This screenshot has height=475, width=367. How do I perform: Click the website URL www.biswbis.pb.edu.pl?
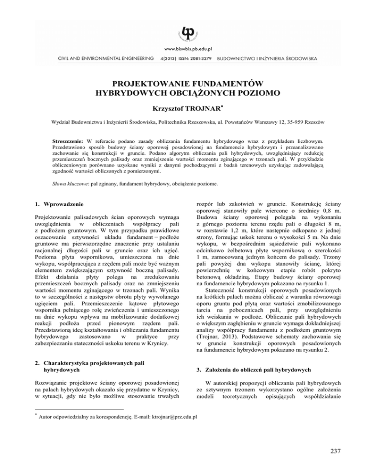(x=183, y=49)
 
